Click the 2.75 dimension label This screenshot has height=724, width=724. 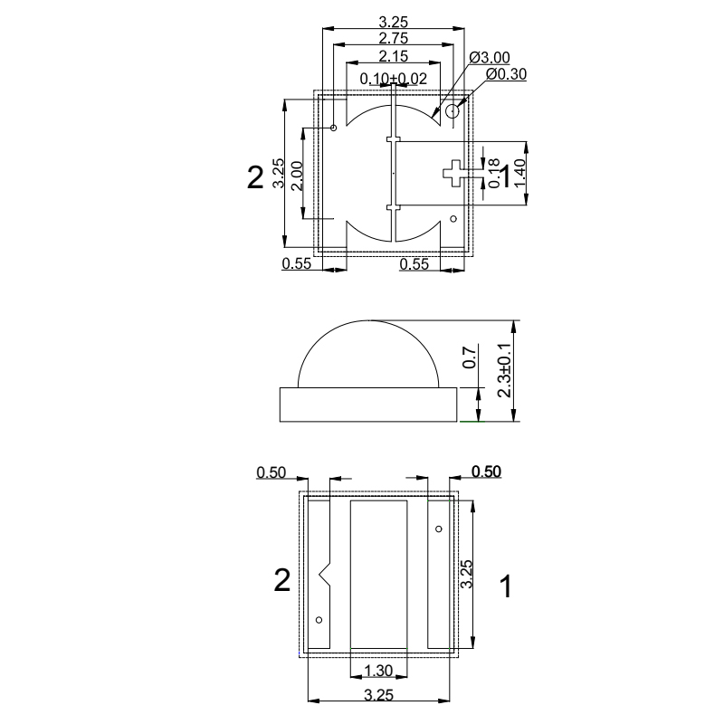tap(393, 38)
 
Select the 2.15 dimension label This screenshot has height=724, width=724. tap(393, 57)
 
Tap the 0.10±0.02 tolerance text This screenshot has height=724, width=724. tap(393, 79)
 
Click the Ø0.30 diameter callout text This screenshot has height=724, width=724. tap(507, 73)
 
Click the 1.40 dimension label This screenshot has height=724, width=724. tap(519, 172)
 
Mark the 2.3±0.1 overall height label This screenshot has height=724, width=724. tap(505, 371)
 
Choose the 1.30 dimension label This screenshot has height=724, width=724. tap(377, 671)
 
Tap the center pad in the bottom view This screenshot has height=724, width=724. tap(378, 575)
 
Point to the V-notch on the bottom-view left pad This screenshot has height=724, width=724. tap(325, 572)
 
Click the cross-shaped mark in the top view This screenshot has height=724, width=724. tap(452, 171)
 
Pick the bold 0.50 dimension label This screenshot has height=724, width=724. tap(487, 472)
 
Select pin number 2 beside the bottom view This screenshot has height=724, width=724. tap(282, 581)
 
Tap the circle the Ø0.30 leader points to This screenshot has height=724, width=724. tap(452, 110)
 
